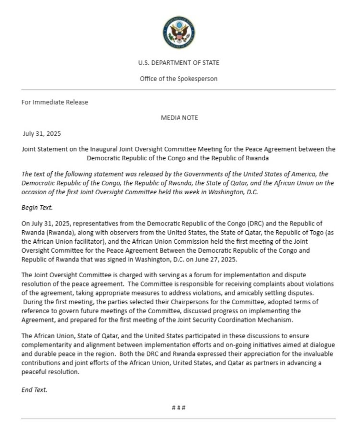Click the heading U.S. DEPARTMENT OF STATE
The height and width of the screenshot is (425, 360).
179,63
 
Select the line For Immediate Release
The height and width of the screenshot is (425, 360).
55,102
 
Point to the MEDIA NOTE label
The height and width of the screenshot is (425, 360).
179,118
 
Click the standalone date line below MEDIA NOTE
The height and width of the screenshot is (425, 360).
42,133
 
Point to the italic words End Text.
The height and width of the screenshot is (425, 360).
35,390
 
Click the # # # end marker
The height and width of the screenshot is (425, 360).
179,408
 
